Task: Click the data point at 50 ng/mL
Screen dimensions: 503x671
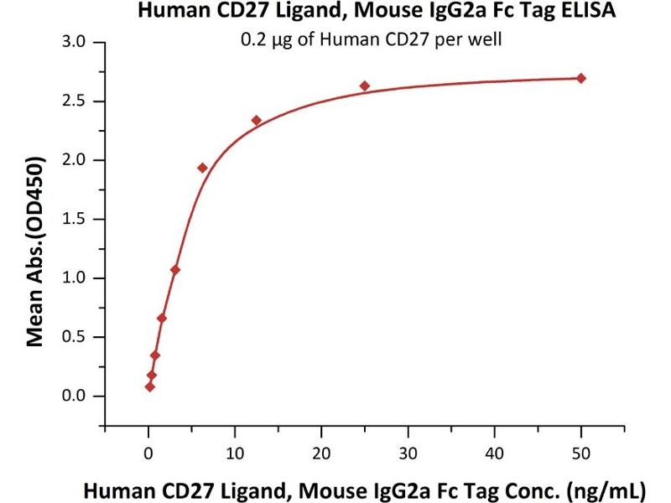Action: [x=581, y=78]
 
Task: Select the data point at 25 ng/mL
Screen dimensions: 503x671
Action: [x=365, y=86]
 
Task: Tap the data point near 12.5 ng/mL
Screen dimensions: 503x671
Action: [x=257, y=121]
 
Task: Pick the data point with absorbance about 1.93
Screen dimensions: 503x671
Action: [x=202, y=168]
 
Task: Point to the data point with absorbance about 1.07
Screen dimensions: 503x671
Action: [x=175, y=270]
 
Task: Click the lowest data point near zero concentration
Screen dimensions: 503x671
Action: [x=149, y=386]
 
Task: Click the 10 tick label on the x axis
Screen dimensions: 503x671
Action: [x=235, y=454]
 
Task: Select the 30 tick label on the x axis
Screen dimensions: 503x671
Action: [x=408, y=454]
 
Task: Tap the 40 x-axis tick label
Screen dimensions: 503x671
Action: [x=494, y=454]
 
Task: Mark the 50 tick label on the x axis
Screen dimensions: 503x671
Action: [x=580, y=454]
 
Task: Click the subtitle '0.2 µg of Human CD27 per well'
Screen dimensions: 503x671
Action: [x=370, y=40]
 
